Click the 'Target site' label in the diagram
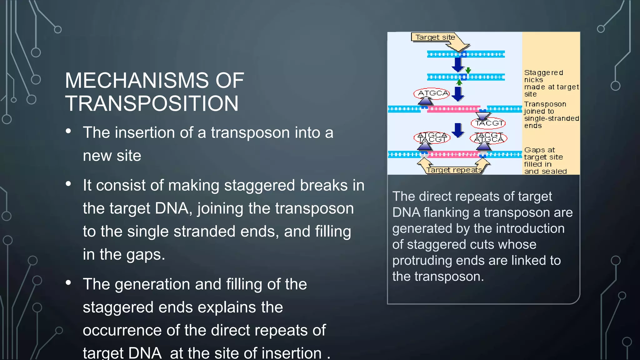pos(435,37)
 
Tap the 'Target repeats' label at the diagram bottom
pos(454,170)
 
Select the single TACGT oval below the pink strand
pos(488,123)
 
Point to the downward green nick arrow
pos(468,70)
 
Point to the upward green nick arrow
pos(459,82)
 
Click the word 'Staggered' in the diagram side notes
pos(543,73)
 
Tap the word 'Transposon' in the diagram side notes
pos(545,104)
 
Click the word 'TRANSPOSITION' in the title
pos(152,103)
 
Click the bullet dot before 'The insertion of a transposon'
pos(68,131)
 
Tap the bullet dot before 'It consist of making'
pos(68,184)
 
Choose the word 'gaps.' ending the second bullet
pos(146,254)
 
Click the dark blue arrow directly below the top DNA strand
pos(458,65)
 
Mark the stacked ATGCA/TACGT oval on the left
pos(432,137)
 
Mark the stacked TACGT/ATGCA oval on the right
pos(488,137)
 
